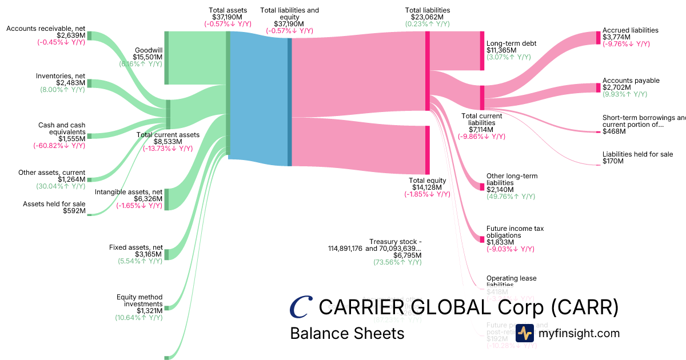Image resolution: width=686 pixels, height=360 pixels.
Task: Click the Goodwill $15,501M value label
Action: click(x=148, y=57)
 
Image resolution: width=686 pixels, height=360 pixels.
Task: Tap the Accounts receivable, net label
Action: click(x=46, y=29)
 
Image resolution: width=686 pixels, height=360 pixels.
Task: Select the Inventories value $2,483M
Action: click(x=72, y=83)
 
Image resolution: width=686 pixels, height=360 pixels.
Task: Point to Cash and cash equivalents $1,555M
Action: click(x=71, y=138)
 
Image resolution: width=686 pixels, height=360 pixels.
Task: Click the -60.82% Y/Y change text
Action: click(x=59, y=146)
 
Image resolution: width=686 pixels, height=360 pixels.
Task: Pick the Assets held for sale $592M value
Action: click(x=74, y=211)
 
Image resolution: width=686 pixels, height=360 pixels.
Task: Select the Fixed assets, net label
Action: click(x=136, y=247)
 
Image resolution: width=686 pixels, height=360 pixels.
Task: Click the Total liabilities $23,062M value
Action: click(x=427, y=17)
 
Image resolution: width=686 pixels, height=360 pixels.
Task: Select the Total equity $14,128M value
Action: click(x=428, y=187)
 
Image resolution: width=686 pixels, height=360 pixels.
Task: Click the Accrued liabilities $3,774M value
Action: click(x=616, y=37)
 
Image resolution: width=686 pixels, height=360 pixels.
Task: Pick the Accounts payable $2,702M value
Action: click(x=616, y=87)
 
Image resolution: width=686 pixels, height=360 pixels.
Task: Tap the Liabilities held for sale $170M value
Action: click(x=613, y=161)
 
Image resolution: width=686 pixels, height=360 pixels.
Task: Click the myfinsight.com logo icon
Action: click(x=525, y=333)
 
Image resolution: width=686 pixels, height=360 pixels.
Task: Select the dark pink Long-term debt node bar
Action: click(x=482, y=51)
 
